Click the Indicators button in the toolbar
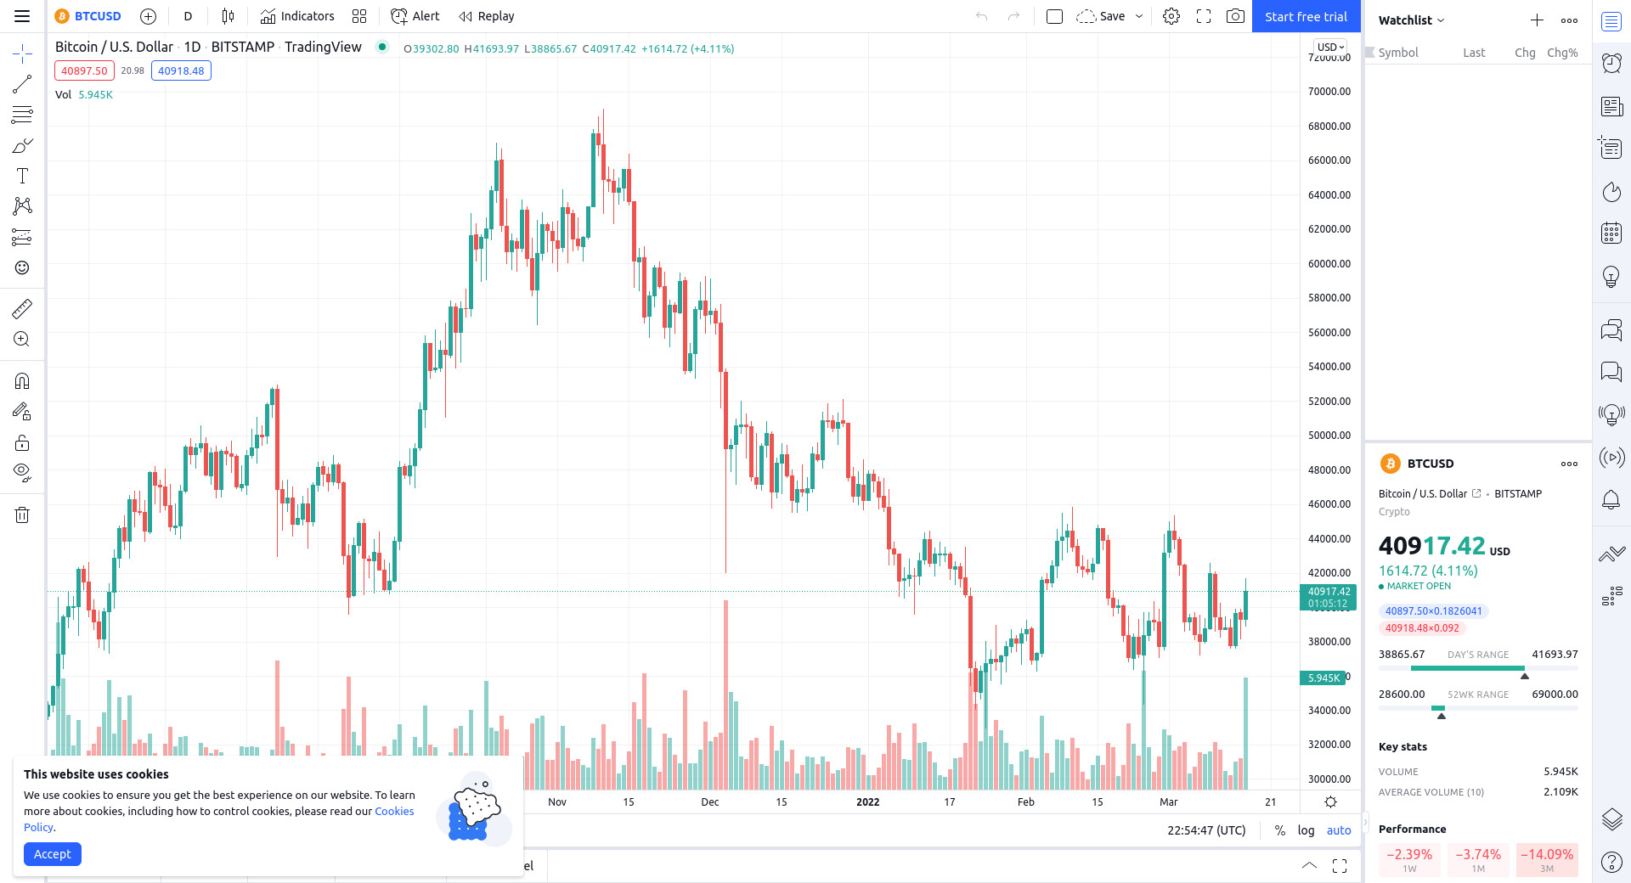click(x=297, y=16)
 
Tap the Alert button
click(x=415, y=16)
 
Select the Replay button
click(x=487, y=16)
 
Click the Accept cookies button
click(x=53, y=854)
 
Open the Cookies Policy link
click(x=394, y=811)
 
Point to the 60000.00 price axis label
click(x=1329, y=263)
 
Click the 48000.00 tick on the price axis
click(x=1329, y=470)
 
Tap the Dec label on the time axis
click(x=710, y=801)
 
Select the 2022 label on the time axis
click(x=867, y=801)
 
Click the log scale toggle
click(x=1306, y=830)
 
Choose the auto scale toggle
click(x=1339, y=830)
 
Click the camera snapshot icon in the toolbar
click(x=1235, y=16)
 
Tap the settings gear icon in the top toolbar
click(x=1171, y=16)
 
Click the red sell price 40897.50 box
click(x=84, y=70)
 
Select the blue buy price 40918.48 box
click(x=181, y=70)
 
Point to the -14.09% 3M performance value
click(x=1547, y=854)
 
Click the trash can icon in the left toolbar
click(x=22, y=515)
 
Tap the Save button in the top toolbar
click(x=1103, y=16)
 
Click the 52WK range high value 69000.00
click(x=1555, y=694)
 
